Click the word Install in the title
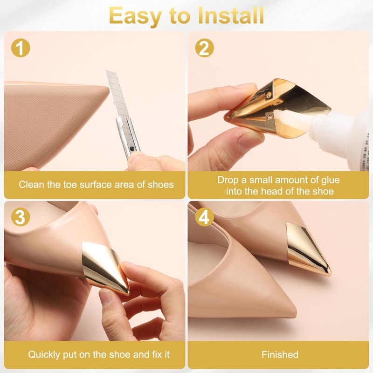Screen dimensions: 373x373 click(x=231, y=15)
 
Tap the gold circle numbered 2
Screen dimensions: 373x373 click(x=205, y=48)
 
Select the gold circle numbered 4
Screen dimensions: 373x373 click(x=205, y=217)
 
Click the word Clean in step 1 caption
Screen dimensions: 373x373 click(x=30, y=184)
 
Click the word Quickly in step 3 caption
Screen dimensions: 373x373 click(x=46, y=354)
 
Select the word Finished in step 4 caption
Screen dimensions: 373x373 click(x=280, y=354)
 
